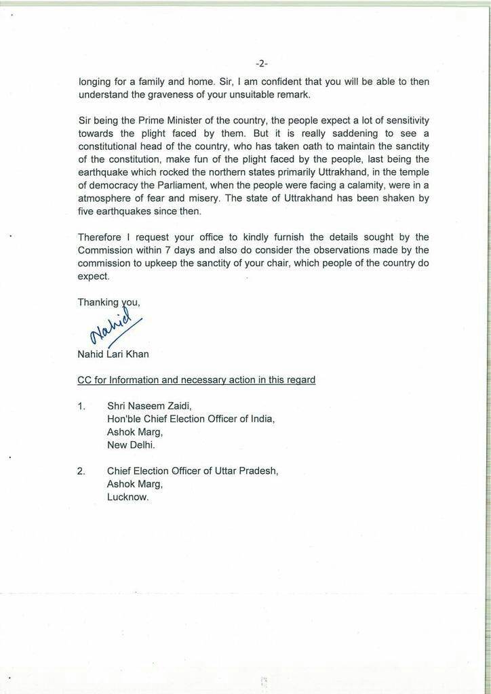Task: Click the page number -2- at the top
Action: (x=262, y=64)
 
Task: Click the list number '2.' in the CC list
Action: (x=81, y=470)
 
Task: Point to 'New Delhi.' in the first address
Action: (x=131, y=446)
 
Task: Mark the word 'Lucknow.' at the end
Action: (x=127, y=496)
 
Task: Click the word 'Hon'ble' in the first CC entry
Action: (x=124, y=419)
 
